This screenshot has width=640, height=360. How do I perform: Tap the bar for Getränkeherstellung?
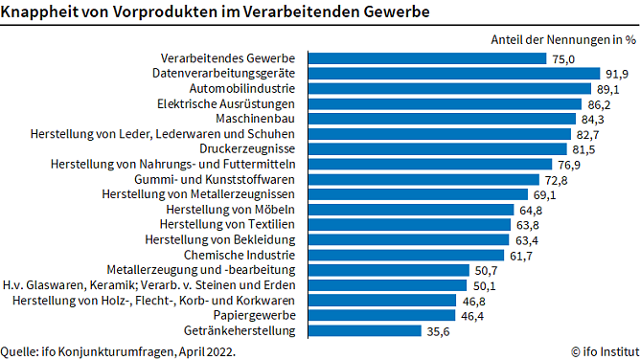point(363,331)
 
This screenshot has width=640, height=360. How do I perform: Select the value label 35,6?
point(439,331)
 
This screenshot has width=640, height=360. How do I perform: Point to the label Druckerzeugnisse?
point(247,149)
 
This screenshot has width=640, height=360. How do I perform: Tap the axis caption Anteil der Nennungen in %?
point(563,39)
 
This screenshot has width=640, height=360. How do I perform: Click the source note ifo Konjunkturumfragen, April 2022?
point(118,350)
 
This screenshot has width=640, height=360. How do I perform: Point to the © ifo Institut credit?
point(603,350)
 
